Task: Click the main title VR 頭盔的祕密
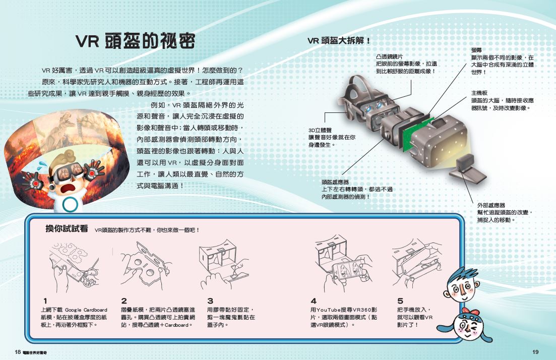[135, 41]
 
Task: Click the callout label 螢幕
[476, 50]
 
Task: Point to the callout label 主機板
[479, 93]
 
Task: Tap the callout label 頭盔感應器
[335, 182]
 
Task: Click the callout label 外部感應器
[491, 205]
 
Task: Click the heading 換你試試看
[67, 229]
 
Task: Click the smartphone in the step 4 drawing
[348, 273]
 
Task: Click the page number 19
[535, 351]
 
